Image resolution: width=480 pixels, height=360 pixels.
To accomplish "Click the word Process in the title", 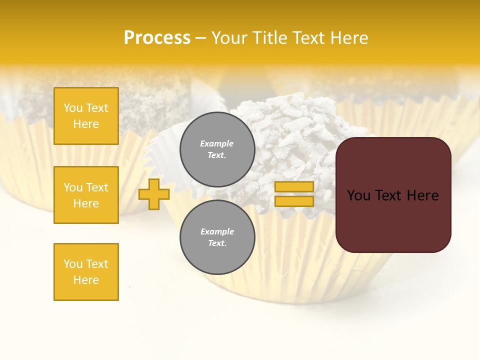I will point(157,38).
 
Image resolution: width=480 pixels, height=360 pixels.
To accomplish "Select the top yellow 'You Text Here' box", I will point(86,116).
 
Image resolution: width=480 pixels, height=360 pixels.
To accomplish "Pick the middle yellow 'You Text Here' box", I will point(86,195).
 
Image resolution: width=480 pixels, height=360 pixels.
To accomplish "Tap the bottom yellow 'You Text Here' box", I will point(86,272).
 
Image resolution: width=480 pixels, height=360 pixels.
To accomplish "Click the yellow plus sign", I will point(154,194).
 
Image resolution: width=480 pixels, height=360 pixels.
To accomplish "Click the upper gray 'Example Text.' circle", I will point(217,149).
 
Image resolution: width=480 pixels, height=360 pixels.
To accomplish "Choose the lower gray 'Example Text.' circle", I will point(217,237).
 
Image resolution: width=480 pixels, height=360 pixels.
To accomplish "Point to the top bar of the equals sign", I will point(294,186).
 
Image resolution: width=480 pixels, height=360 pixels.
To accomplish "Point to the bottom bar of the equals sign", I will point(294,201).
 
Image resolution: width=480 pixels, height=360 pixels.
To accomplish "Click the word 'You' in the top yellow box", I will point(73,108).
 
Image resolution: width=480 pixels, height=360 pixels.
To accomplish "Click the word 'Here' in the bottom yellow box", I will point(86,280).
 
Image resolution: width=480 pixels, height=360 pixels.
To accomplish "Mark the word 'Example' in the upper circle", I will point(217,143).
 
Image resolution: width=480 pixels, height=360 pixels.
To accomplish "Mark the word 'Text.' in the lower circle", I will point(217,243).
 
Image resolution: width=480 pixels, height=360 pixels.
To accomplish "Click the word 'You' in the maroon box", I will point(358,195).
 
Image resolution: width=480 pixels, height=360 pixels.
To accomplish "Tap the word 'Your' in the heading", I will point(229,38).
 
